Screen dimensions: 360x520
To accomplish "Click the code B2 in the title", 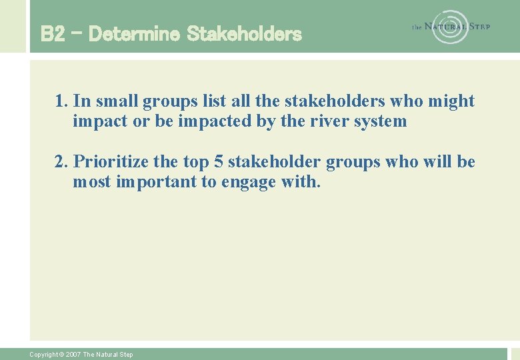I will [x=53, y=33].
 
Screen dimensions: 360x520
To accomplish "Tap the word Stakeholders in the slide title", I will [x=244, y=33].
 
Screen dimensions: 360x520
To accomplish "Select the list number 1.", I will [x=62, y=101].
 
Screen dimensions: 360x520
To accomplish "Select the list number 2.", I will [x=62, y=162].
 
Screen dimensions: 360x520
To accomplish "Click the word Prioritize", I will [x=111, y=162].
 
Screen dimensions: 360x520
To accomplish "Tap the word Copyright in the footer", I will [x=43, y=355].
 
